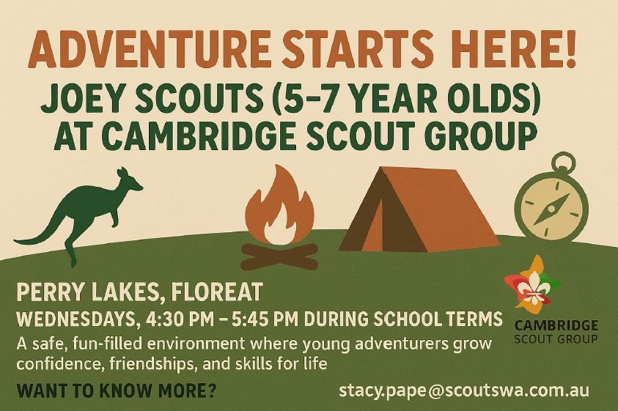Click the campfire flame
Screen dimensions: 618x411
tap(280, 206)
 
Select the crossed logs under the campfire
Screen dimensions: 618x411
tap(279, 256)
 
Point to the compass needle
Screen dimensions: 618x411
tap(551, 210)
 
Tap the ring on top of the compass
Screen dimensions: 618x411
tap(563, 162)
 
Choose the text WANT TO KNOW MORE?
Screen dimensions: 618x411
tap(117, 391)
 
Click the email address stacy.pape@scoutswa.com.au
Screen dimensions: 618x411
tap(464, 390)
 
